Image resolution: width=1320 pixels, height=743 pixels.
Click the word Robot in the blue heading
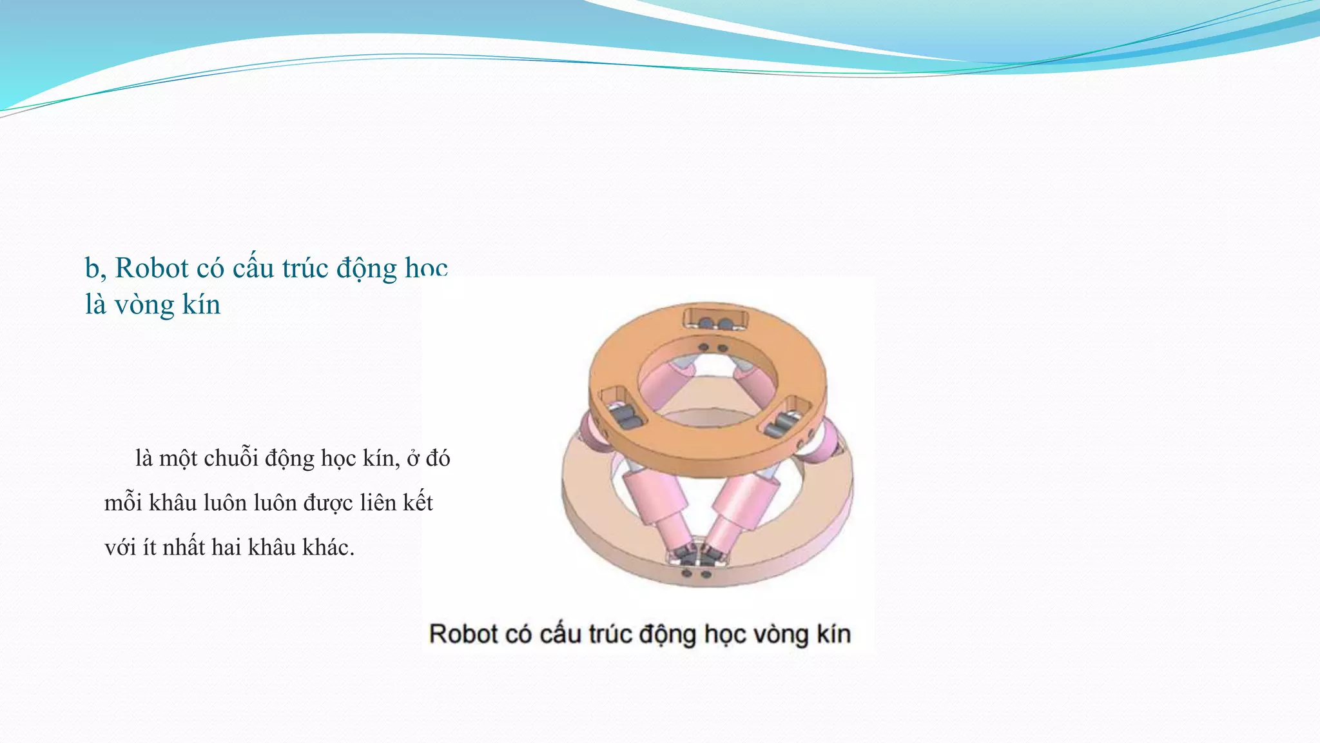click(x=152, y=268)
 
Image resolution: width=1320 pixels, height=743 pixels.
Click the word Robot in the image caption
click(x=463, y=634)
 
